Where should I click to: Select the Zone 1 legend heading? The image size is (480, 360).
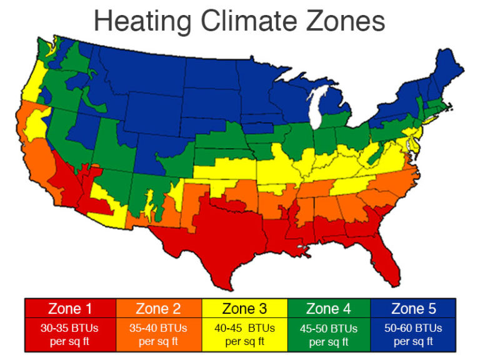tap(69, 308)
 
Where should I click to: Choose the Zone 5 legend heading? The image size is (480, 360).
tap(412, 308)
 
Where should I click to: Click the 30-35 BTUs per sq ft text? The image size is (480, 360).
tap(69, 334)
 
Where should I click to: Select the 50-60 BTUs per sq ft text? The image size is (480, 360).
tap(412, 334)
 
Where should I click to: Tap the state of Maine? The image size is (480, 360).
tap(449, 59)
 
